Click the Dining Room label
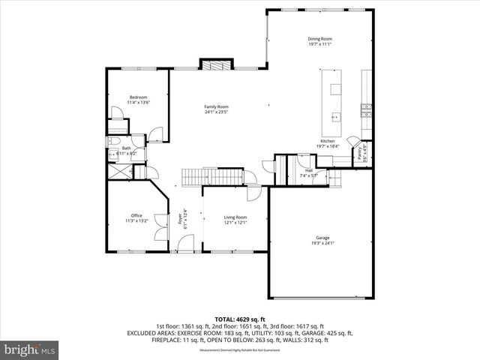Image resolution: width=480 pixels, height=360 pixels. pos(319,38)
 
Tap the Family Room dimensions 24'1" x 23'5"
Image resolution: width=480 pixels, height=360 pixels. pos(216,112)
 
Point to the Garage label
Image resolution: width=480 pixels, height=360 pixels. pos(322,237)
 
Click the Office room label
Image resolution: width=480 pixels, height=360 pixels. pos(136,215)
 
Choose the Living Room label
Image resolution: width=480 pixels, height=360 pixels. pos(235,217)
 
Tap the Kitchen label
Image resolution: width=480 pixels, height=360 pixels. pos(328,141)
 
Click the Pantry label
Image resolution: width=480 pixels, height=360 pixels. pos(359,152)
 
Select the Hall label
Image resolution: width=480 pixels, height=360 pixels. pos(309,169)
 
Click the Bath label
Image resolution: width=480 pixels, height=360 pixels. pos(126,148)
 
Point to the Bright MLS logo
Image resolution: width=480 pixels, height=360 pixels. pos(30,349)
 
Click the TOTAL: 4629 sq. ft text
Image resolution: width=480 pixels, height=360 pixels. pos(240,319)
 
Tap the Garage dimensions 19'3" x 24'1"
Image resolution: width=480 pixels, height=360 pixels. pos(322,243)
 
